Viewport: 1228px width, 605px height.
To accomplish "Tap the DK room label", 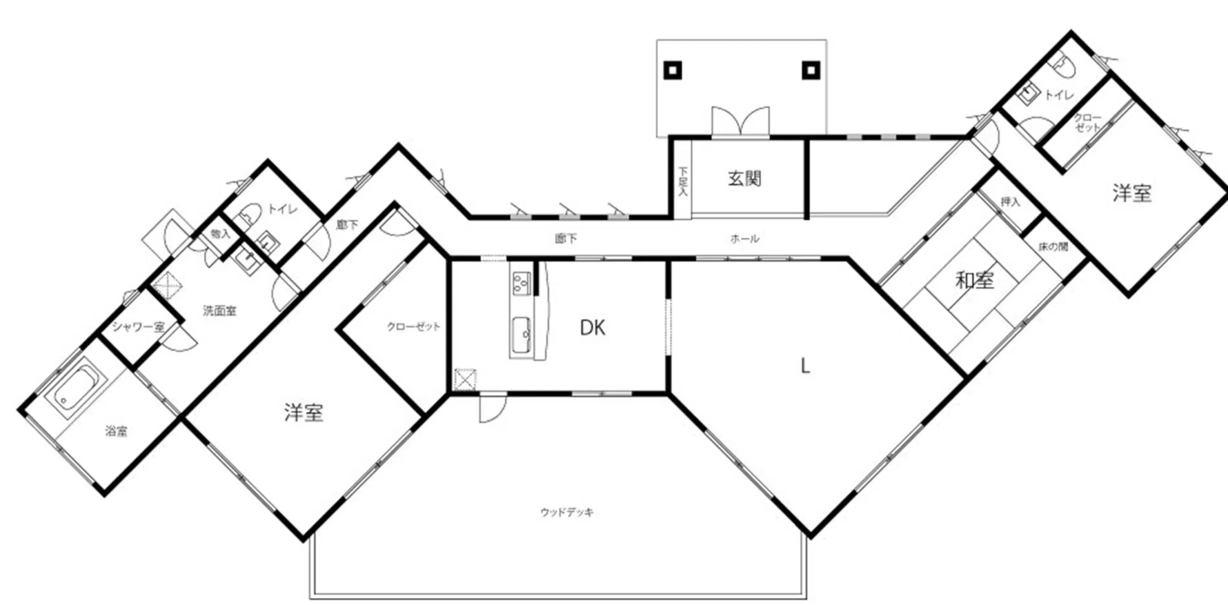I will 592,328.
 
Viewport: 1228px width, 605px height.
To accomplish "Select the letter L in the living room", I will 805,366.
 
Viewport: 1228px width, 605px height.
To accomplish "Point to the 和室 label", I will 974,280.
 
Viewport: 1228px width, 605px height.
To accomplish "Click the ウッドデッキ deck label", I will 567,512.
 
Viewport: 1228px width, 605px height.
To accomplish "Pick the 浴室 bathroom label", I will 116,431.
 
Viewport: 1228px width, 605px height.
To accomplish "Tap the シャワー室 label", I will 138,327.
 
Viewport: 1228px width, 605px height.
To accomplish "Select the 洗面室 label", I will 219,310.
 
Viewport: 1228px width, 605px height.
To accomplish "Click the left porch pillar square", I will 673,71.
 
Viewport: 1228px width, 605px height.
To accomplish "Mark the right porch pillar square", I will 811,71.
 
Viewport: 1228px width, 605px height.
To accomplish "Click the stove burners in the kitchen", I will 521,283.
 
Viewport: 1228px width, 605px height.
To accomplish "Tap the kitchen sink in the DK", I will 521,334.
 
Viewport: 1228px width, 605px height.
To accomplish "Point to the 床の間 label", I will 1053,246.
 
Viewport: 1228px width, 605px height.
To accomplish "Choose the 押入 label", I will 1010,202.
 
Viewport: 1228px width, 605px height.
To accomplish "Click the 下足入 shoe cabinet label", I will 682,180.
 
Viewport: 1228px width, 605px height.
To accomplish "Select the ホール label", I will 744,239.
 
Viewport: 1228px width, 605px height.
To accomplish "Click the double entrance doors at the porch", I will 740,122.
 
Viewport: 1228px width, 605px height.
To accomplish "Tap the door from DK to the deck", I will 493,408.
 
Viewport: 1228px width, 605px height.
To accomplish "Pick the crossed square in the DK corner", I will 465,379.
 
